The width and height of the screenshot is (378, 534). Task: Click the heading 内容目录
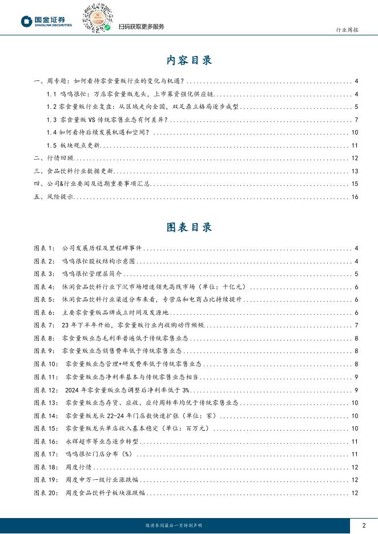(x=189, y=59)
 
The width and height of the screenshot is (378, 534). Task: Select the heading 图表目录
(x=189, y=227)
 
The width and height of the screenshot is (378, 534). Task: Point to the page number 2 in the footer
(x=364, y=524)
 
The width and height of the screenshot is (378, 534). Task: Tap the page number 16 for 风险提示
(x=354, y=197)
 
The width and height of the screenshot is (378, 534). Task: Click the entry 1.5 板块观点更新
(x=75, y=145)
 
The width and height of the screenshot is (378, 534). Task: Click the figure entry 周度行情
(x=77, y=467)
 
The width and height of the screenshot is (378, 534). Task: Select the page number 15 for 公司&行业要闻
(x=354, y=184)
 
